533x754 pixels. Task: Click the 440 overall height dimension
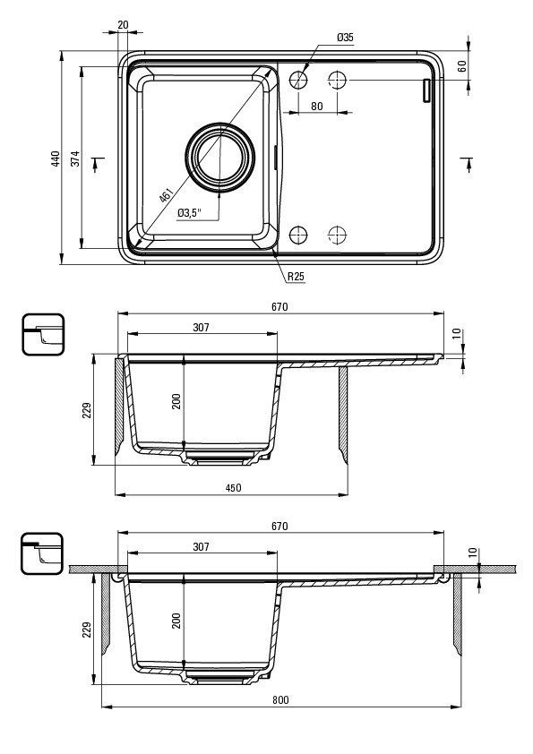pos(56,159)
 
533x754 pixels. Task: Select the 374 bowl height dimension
pos(76,159)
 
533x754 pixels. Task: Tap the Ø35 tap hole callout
pos(346,37)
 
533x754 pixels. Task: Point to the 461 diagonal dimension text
pos(167,196)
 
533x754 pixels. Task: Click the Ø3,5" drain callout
pos(190,213)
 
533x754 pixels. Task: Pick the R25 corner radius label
pos(296,277)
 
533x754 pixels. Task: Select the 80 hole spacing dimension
pos(317,106)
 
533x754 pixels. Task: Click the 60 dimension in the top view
pos(462,66)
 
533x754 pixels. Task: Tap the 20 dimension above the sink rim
pos(123,24)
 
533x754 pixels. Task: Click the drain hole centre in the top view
pos(220,156)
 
